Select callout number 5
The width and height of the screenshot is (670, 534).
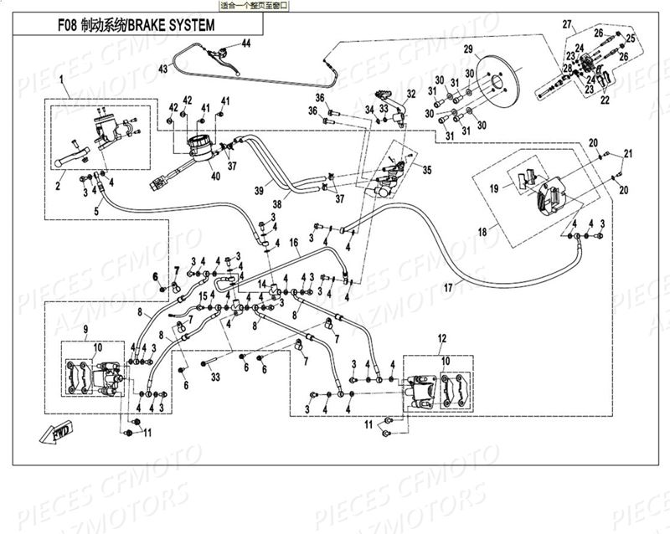point(95,210)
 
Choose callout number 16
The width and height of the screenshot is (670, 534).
point(294,243)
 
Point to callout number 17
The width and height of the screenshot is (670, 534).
point(448,287)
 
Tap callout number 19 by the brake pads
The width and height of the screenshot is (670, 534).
point(495,188)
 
